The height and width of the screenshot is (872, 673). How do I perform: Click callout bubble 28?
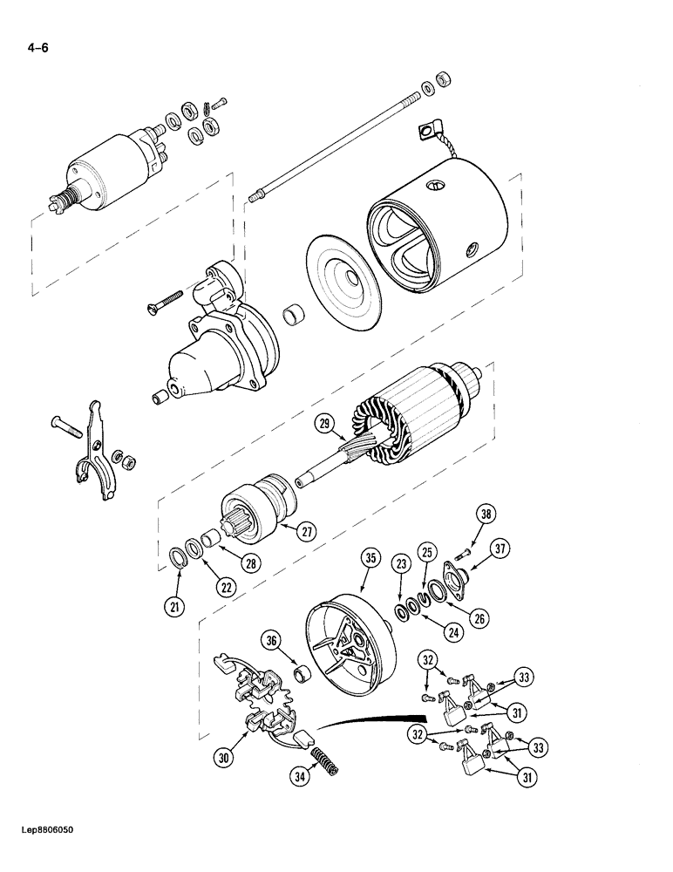[250, 564]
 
